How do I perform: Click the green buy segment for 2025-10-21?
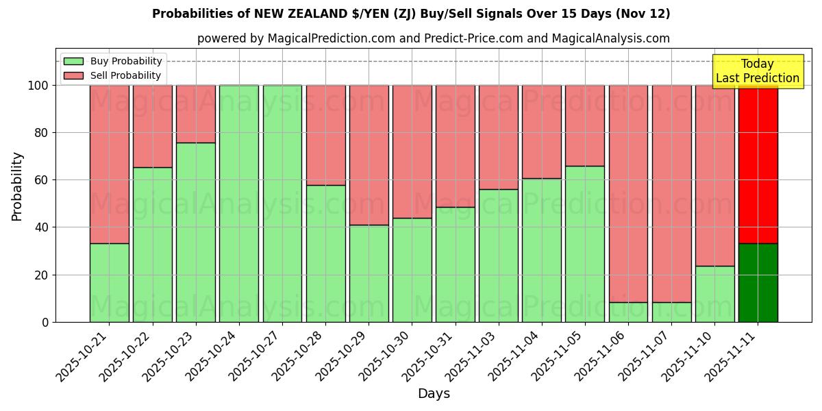(x=109, y=282)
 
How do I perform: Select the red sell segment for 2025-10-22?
(x=152, y=126)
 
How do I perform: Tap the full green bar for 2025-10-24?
(x=239, y=203)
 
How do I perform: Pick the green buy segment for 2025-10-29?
(x=369, y=273)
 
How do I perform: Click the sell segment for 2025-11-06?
(x=628, y=193)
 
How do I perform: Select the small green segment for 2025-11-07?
(x=671, y=312)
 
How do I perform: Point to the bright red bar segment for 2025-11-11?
(x=758, y=164)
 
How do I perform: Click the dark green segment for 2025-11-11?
(x=758, y=282)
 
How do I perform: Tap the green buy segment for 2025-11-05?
(x=585, y=244)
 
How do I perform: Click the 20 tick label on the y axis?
(x=43, y=275)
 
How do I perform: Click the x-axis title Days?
(x=434, y=394)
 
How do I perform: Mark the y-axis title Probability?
(x=17, y=186)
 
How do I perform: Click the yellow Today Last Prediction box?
(x=757, y=71)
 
